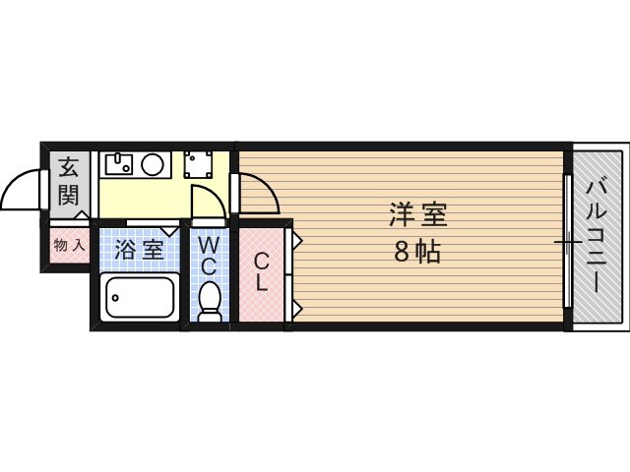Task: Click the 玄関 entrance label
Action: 68,180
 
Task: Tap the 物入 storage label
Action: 69,244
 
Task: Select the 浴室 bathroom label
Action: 138,249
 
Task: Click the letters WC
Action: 210,254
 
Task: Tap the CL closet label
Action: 261,272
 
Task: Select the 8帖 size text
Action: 416,252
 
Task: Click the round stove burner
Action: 153,164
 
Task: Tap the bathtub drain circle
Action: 113,296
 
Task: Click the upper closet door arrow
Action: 296,237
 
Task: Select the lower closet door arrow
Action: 296,309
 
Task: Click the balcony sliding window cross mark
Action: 566,240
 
